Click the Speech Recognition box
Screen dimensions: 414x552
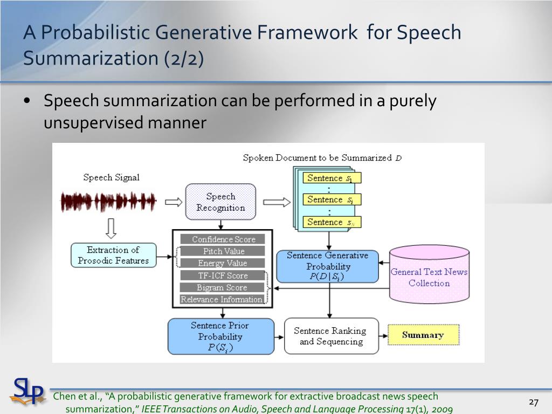coord(220,202)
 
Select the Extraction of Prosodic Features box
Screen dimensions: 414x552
coord(113,255)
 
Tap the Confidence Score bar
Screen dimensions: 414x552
coord(223,239)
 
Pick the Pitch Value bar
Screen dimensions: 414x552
coord(223,251)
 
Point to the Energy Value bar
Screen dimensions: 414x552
coord(223,263)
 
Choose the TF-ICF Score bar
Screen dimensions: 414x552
coord(223,275)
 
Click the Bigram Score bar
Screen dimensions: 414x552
coord(223,287)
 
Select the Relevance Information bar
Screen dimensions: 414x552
coord(222,299)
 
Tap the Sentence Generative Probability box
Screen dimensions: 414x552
coord(327,266)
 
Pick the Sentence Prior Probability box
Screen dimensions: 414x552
coord(220,336)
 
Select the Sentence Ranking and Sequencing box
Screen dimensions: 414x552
coord(330,336)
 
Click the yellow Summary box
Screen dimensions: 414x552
coord(423,335)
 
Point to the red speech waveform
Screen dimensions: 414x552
coord(108,202)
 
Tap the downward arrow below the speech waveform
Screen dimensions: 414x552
coord(111,229)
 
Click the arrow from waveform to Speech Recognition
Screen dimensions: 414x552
coord(173,202)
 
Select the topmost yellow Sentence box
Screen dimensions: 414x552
coord(331,178)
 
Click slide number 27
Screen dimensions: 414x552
coord(534,402)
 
